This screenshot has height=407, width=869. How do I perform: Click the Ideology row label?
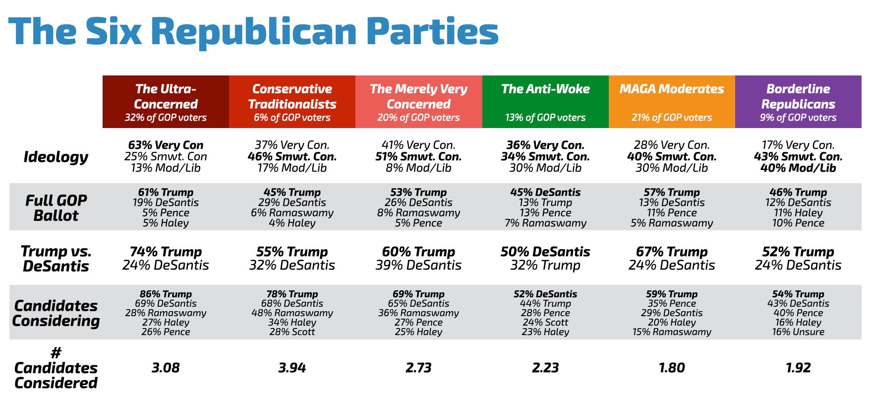[56, 157]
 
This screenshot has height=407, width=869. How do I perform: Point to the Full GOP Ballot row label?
[56, 208]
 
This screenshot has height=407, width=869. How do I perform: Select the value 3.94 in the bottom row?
[292, 368]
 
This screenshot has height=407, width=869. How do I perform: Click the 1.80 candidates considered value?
[672, 368]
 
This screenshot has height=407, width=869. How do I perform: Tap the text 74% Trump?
[166, 252]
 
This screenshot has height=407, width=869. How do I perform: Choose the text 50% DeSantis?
[545, 252]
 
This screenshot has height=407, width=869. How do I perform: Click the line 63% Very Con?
[166, 145]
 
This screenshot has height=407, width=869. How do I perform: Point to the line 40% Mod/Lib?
[798, 168]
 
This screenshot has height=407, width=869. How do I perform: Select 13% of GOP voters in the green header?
[545, 118]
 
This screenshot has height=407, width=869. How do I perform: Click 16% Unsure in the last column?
[798, 332]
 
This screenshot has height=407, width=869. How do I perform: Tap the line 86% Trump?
[166, 294]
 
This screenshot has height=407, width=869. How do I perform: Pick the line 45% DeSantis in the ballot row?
[545, 192]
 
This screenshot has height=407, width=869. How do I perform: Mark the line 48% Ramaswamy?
[292, 313]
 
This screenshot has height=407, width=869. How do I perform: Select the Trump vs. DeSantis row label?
[56, 259]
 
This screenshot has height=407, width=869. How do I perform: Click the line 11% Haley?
[798, 213]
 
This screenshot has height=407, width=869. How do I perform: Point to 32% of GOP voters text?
[166, 118]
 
